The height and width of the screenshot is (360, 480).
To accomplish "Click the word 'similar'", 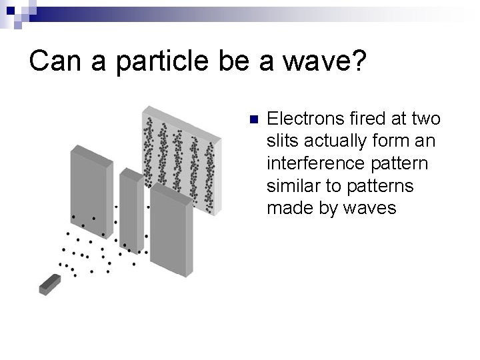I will point(293,185).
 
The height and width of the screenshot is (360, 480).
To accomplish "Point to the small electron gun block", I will point(49,285).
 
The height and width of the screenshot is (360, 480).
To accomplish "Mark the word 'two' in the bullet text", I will point(426,119).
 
